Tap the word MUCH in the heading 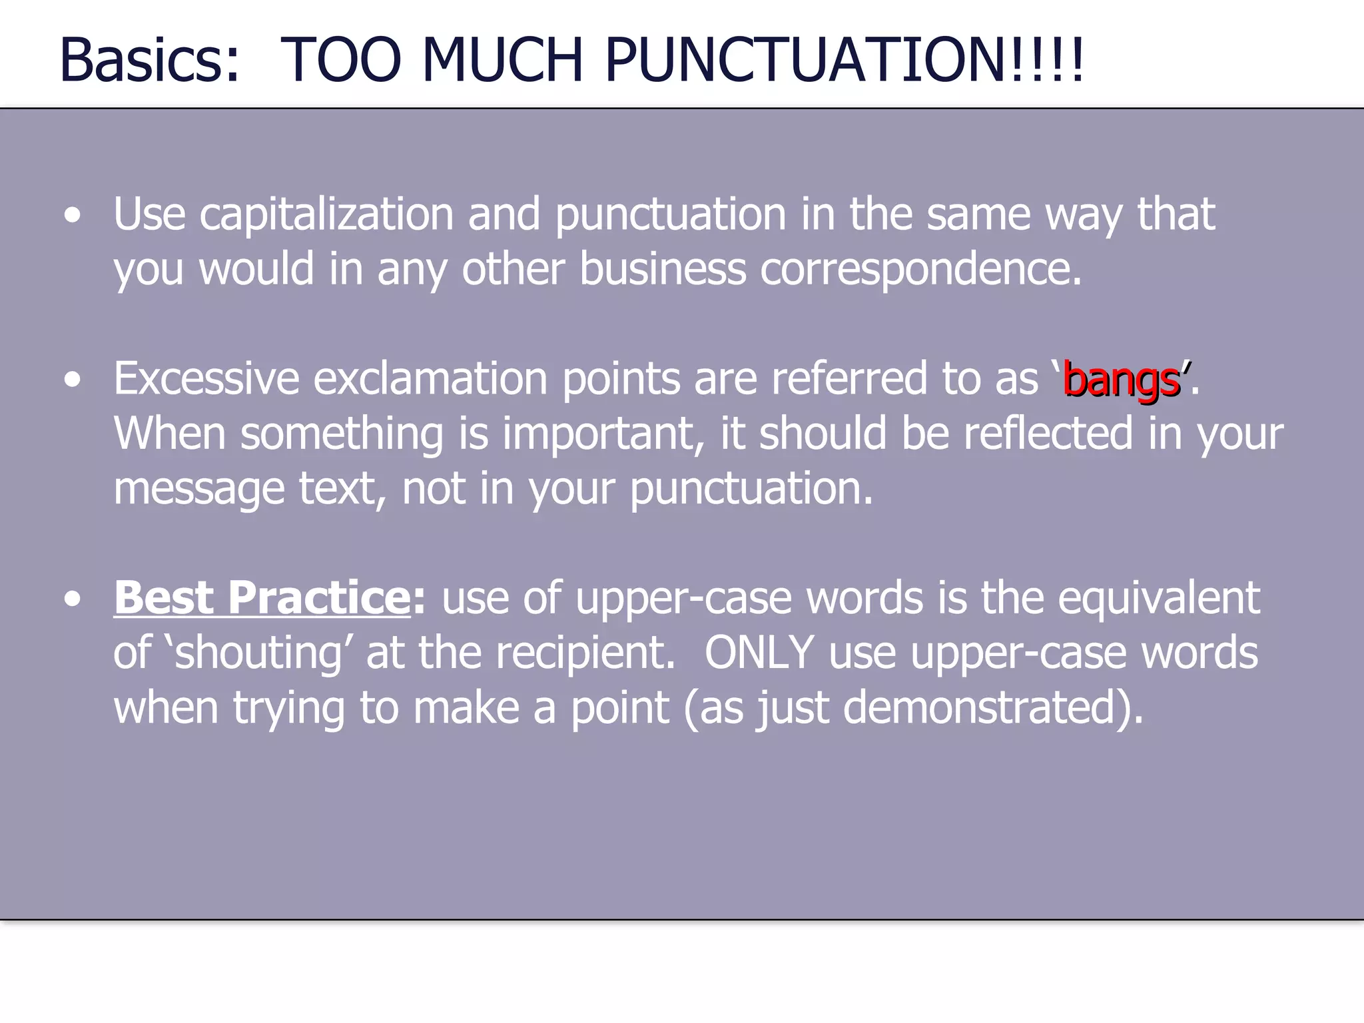click(503, 60)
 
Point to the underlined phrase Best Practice click(262, 597)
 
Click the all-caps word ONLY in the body click(759, 652)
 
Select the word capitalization click(326, 215)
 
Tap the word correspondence click(920, 270)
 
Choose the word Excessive click(206, 379)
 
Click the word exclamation click(431, 379)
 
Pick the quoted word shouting click(258, 653)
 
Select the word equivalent click(1158, 597)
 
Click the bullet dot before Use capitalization click(73, 216)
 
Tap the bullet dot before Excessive click(73, 380)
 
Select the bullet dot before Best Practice click(73, 598)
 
